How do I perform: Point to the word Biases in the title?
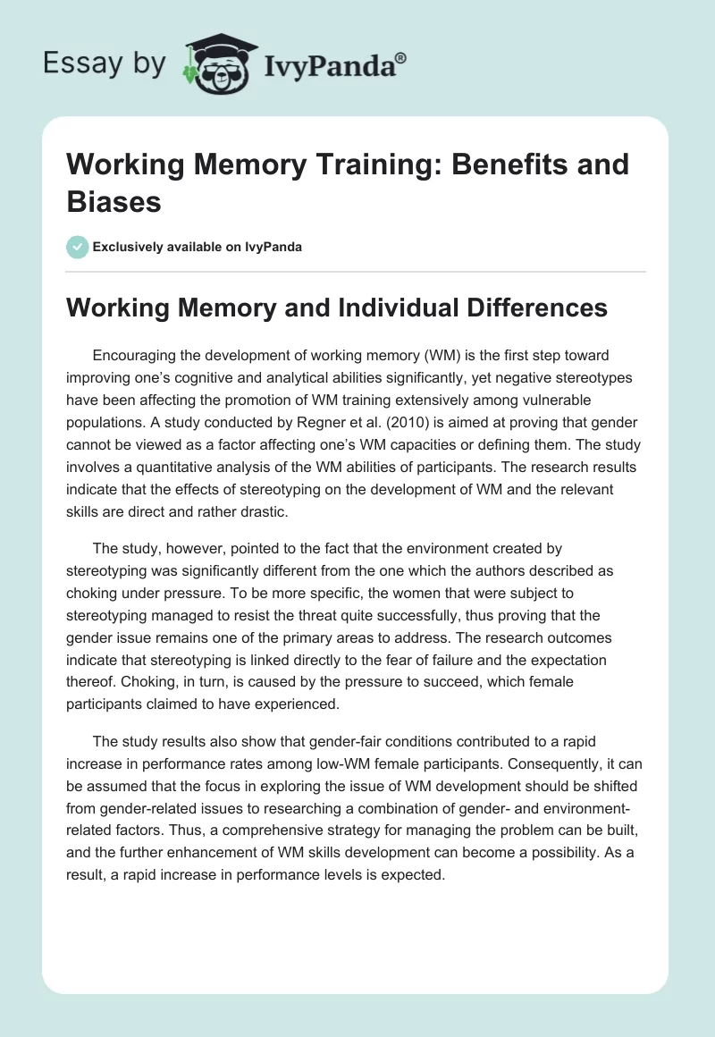[x=114, y=201]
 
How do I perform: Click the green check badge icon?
[x=78, y=247]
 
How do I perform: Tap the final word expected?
[x=414, y=876]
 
